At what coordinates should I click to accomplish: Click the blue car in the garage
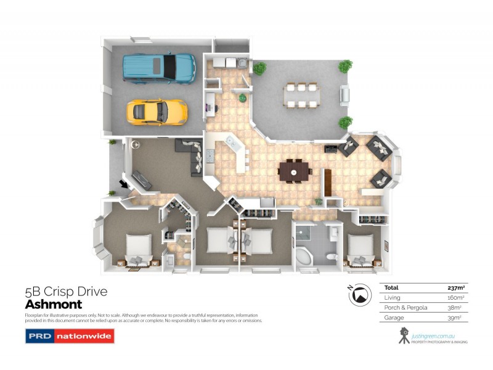coord(159,67)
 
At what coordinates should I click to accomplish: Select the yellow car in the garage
coord(157,112)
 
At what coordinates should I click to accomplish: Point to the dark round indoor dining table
coord(295,170)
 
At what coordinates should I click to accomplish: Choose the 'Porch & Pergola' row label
coord(401,307)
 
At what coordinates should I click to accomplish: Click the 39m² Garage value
coord(456,317)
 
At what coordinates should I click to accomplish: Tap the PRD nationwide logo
coord(69,337)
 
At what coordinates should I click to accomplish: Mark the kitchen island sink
coord(233,144)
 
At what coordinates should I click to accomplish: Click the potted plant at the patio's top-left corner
coord(259,68)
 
